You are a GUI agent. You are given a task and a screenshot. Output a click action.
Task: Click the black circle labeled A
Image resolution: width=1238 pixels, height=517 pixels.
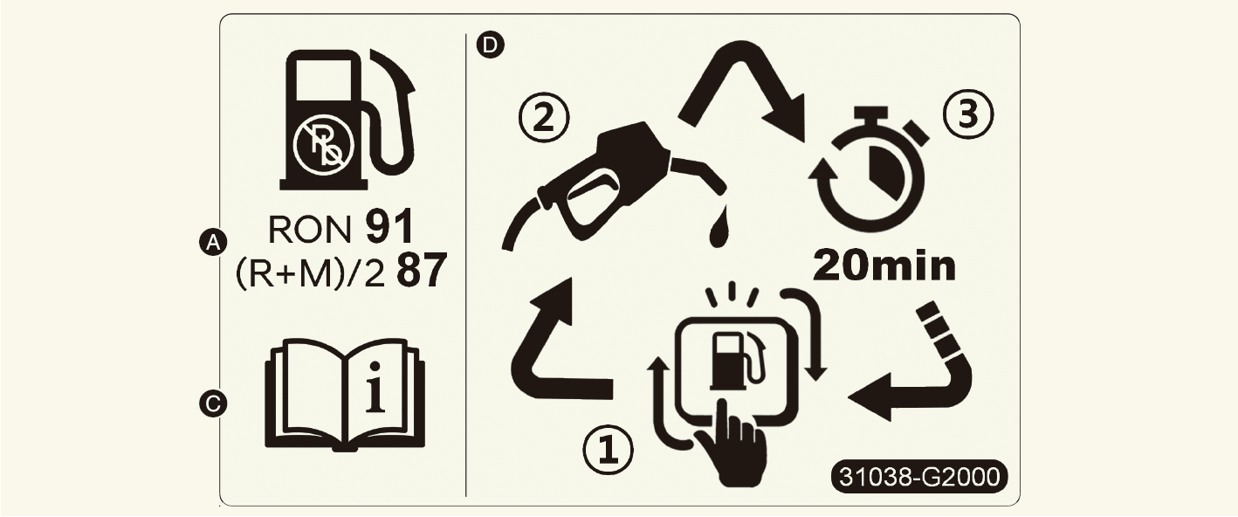click(213, 242)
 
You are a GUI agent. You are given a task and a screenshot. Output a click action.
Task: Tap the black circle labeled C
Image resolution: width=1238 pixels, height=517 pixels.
click(213, 403)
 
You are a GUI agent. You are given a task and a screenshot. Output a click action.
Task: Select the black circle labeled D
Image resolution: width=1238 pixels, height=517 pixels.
click(491, 45)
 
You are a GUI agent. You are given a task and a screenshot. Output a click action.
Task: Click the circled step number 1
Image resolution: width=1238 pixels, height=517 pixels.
click(608, 451)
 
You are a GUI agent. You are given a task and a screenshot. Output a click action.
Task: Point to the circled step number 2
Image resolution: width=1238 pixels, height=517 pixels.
click(544, 118)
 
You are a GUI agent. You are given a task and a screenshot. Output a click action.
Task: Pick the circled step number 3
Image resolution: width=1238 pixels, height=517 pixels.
click(967, 114)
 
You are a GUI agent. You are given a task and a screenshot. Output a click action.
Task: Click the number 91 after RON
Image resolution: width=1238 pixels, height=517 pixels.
click(389, 226)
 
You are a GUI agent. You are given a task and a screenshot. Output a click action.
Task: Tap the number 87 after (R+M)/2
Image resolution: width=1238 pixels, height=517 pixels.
click(422, 271)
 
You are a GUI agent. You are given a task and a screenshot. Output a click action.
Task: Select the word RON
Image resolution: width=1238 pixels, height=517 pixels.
click(310, 229)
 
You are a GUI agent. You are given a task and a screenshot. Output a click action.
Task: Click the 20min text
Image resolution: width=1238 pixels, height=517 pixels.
click(884, 266)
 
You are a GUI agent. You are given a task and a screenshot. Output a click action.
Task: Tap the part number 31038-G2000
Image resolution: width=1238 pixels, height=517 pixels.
click(919, 477)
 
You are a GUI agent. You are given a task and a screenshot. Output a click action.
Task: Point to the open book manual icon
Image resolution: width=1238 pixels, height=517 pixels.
click(346, 394)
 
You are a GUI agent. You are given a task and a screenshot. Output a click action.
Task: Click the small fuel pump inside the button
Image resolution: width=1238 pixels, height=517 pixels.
click(739, 360)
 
